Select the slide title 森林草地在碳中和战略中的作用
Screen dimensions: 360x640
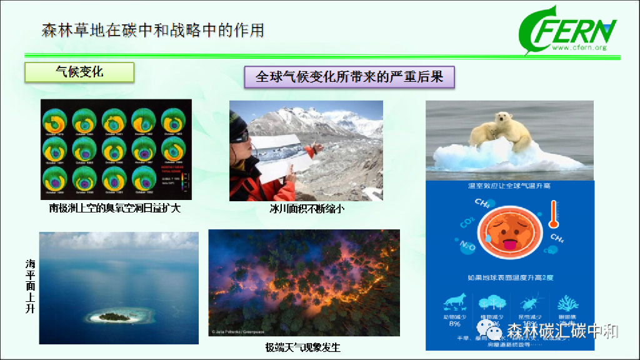(152, 30)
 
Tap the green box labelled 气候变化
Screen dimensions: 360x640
(79, 72)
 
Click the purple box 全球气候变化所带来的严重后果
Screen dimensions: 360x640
(349, 77)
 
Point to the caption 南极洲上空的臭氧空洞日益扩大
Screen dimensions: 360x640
(114, 207)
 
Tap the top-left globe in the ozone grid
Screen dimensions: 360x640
(55, 120)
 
